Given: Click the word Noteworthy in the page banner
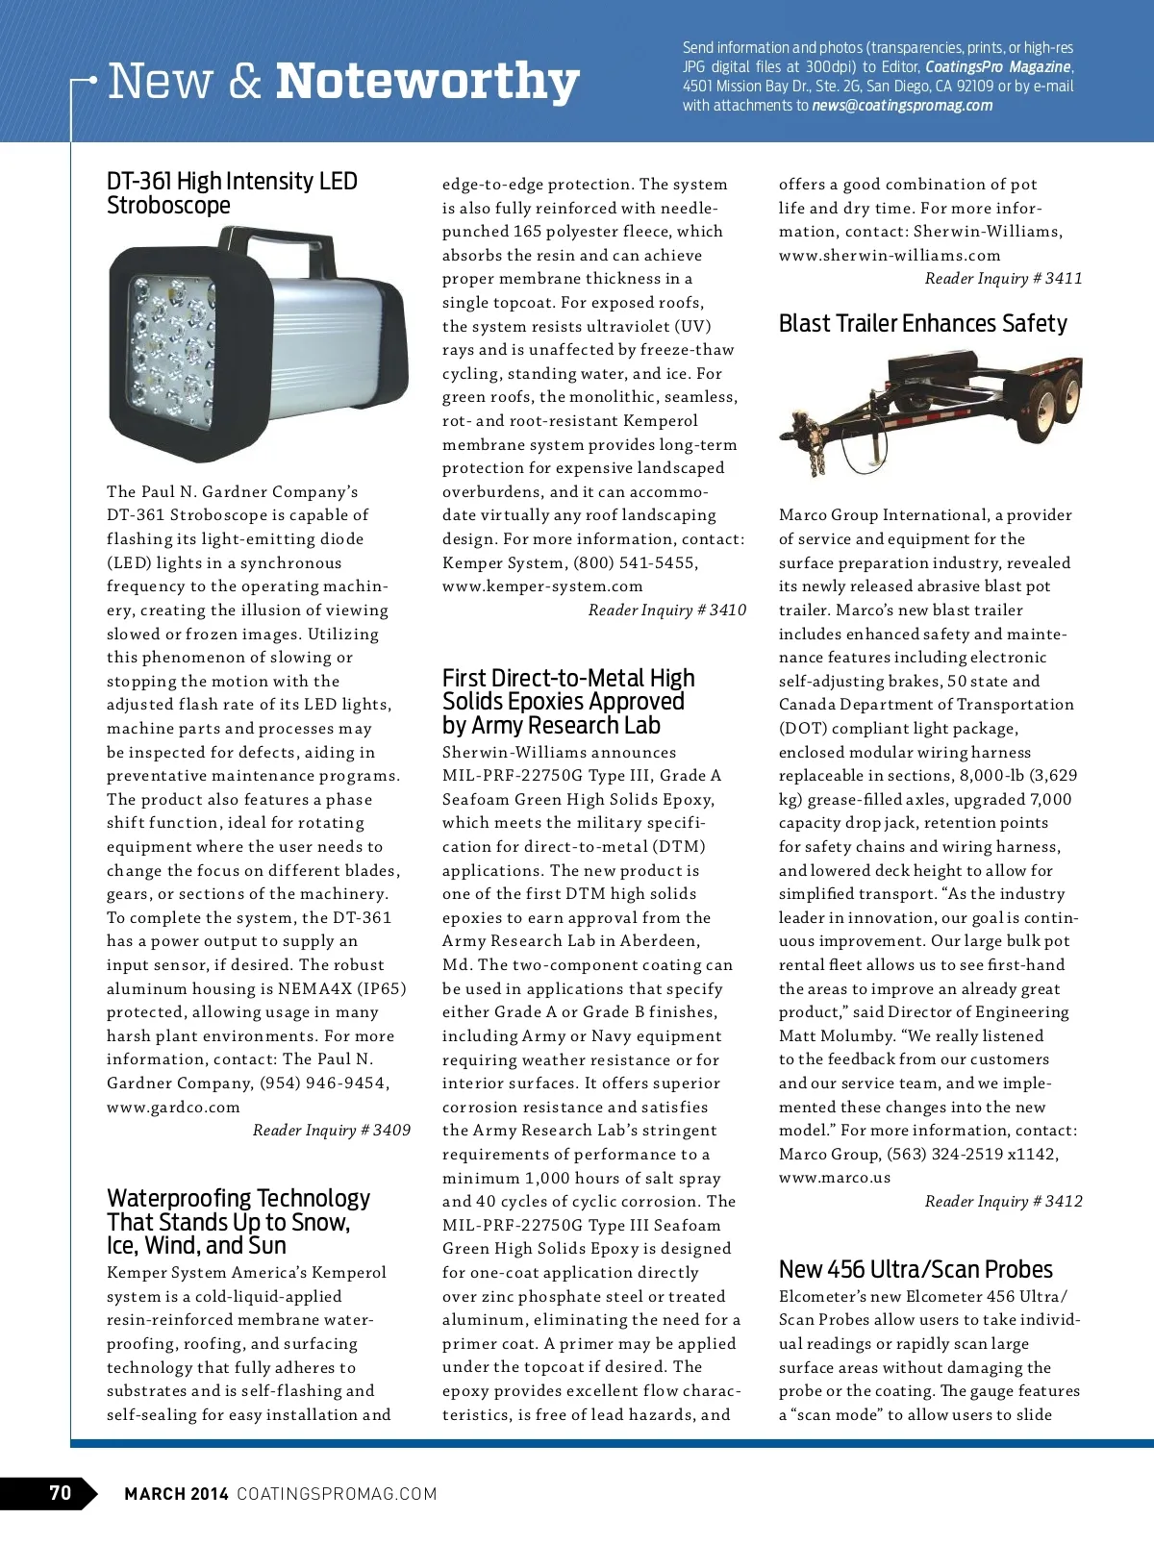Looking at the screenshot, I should (427, 82).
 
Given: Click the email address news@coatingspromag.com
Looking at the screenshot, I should (902, 106).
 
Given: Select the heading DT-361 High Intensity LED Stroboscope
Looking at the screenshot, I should (232, 193).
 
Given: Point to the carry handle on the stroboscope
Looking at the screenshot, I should (288, 247).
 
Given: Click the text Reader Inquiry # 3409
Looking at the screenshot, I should (332, 1131).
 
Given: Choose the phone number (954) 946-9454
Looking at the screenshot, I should (324, 1083).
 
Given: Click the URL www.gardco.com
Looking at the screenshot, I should (173, 1108).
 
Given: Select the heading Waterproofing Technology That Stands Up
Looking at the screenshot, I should (238, 1222).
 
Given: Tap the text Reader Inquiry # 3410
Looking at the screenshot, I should (667, 610).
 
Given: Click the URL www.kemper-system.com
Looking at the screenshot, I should (542, 586).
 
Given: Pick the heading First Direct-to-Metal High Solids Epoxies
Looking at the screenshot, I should (567, 702).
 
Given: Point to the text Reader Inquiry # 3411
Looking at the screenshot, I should (1003, 279).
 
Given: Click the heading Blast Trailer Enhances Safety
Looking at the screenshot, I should (922, 324).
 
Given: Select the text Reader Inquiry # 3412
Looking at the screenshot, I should (1003, 1202).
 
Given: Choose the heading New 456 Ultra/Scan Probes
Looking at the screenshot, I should (916, 1269).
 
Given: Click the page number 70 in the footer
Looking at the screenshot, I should (60, 1493).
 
